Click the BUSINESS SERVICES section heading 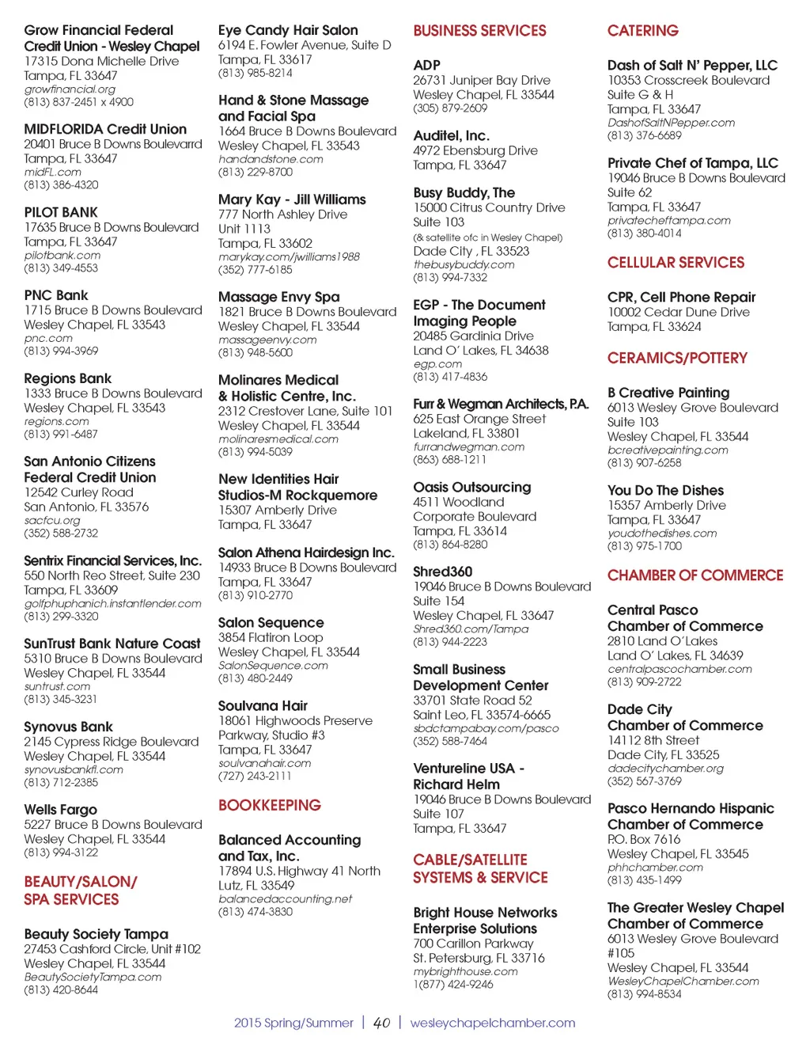point(479,31)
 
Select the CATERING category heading point(642,31)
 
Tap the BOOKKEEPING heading point(269,805)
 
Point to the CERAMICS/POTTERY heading point(676,358)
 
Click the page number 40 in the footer point(381,1023)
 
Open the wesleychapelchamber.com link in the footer point(492,1023)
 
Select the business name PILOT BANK point(61,212)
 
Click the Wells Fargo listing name point(60,809)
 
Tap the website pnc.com point(48,338)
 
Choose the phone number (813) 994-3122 point(61,853)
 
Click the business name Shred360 point(442,571)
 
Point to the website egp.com point(437,364)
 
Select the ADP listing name point(426,65)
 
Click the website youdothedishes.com point(661,534)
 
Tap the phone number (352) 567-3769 point(644,781)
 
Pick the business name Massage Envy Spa point(278,297)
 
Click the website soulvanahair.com point(264,763)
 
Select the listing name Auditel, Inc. point(451,135)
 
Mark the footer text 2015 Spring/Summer point(293,1023)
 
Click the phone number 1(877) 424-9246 point(452,985)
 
